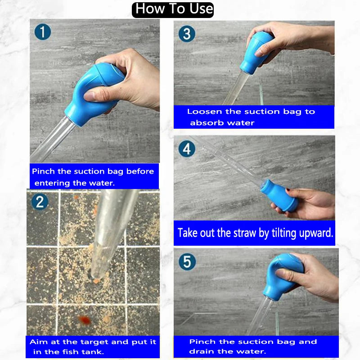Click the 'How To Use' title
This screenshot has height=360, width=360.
173,9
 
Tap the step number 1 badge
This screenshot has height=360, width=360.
43,31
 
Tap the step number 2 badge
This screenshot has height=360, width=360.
40,201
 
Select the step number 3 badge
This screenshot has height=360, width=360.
186,35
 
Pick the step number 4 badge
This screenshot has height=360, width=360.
186,148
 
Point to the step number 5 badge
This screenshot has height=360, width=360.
186,261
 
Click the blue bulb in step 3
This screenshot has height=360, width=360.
254,54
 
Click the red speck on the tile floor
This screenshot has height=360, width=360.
83,319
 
